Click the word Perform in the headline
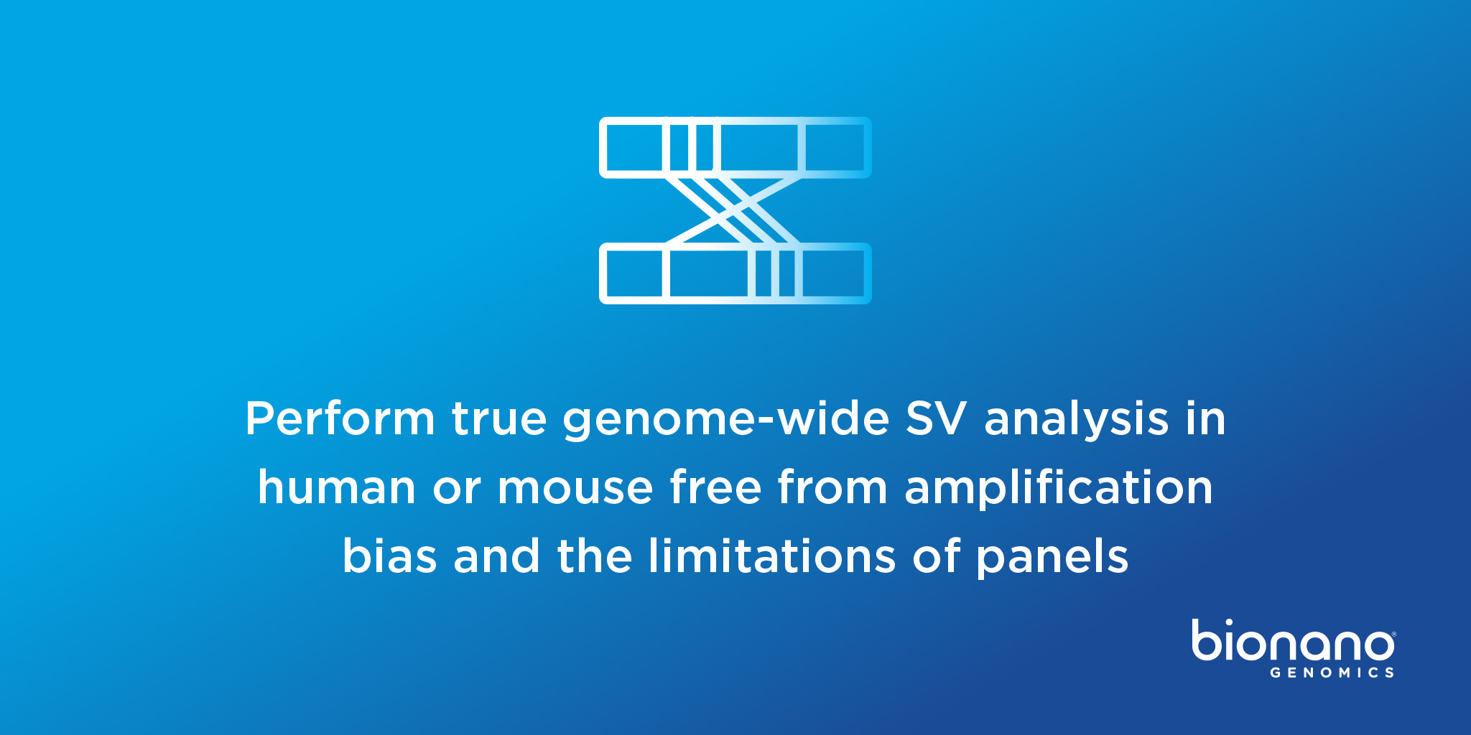(340, 418)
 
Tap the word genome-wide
(726, 418)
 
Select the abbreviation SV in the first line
(936, 418)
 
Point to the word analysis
(1076, 418)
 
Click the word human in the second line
(337, 487)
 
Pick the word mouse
(575, 487)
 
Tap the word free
(715, 487)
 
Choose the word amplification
(1059, 487)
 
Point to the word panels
(1052, 556)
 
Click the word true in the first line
(499, 418)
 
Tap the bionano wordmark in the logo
(1293, 641)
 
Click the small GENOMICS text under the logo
(1332, 673)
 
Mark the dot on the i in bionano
(1228, 623)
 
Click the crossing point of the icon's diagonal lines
(733, 210)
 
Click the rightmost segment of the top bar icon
(835, 147)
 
